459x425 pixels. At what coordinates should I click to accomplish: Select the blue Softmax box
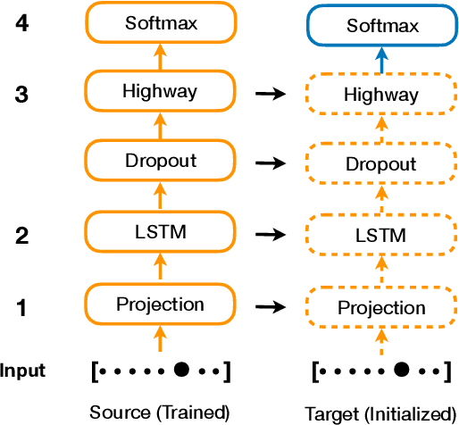[x=381, y=26]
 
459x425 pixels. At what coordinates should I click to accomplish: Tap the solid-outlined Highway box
[x=160, y=91]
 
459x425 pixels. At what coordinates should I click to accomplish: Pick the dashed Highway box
[x=381, y=94]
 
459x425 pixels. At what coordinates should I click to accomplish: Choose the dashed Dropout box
[x=381, y=164]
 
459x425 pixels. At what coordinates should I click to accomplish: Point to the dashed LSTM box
[x=381, y=236]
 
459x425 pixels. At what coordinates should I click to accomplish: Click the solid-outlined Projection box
[x=160, y=304]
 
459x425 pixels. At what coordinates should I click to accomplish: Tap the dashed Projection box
[x=381, y=307]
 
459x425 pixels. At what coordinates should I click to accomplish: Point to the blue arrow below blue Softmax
[x=381, y=61]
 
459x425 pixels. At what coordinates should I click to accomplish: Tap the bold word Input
[x=23, y=370]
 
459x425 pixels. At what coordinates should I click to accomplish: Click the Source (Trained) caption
[x=160, y=412]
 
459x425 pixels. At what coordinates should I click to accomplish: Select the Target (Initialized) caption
[x=381, y=413]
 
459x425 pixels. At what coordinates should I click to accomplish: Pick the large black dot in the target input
[x=402, y=369]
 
